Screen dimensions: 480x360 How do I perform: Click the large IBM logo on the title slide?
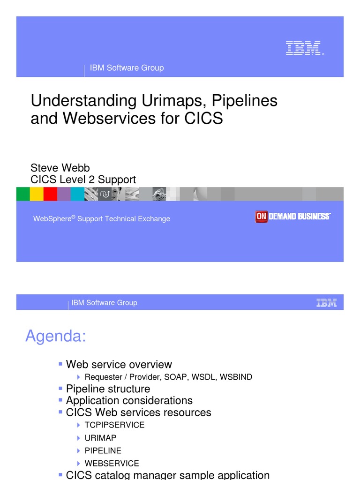pyautogui.click(x=303, y=48)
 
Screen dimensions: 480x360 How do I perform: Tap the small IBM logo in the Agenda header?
pyautogui.click(x=326, y=303)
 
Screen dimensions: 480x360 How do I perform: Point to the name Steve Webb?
pyautogui.click(x=60, y=168)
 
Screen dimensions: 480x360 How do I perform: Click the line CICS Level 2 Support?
pyautogui.click(x=83, y=180)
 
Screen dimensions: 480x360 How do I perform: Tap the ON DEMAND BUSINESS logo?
pyautogui.click(x=293, y=217)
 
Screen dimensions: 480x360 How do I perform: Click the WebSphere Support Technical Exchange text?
pyautogui.click(x=101, y=219)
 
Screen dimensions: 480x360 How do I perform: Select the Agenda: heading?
pyautogui.click(x=55, y=336)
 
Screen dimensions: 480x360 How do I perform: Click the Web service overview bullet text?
pyautogui.click(x=119, y=364)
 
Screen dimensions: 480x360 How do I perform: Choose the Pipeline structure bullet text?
pyautogui.click(x=108, y=389)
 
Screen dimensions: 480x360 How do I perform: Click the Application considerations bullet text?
pyautogui.click(x=129, y=400)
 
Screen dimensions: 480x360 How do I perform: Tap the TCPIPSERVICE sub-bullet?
pyautogui.click(x=114, y=425)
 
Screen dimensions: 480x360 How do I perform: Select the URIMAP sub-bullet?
pyautogui.click(x=100, y=438)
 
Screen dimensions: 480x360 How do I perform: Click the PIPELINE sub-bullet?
pyautogui.click(x=103, y=450)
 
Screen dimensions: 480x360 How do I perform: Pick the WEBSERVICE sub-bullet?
pyautogui.click(x=112, y=463)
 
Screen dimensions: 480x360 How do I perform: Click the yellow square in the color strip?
pyautogui.click(x=37, y=194)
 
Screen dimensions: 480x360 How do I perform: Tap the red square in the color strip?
pyautogui.click(x=50, y=194)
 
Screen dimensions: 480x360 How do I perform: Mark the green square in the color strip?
pyautogui.click(x=23, y=194)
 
